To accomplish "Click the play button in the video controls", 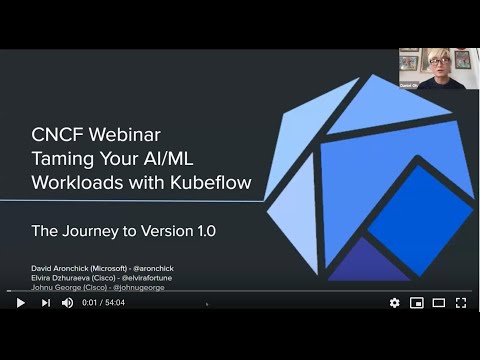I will pyautogui.click(x=20, y=302).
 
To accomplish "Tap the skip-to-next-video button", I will pyautogui.click(x=45, y=302).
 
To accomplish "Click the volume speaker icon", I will pyautogui.click(x=68, y=302).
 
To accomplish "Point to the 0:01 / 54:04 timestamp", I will pyautogui.click(x=103, y=302).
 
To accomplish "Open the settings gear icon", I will pyautogui.click(x=394, y=302).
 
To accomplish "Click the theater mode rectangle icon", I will pyautogui.click(x=438, y=302).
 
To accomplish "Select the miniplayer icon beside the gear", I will pyautogui.click(x=416, y=302).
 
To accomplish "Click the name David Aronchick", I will pyautogui.click(x=57, y=267).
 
